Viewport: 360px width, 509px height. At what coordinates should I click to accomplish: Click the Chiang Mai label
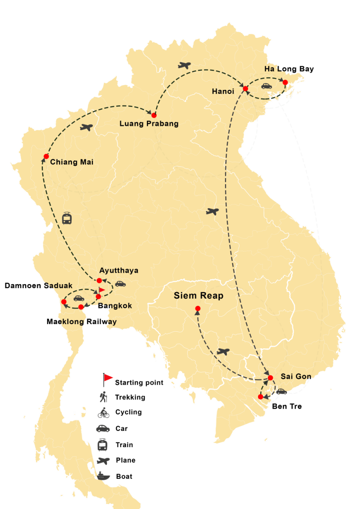72,162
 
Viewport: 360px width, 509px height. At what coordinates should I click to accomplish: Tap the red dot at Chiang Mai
46,156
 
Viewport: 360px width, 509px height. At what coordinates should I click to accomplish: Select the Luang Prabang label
149,124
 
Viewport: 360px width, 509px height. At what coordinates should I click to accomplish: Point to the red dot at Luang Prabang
154,115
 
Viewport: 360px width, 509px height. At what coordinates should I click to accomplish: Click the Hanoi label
223,91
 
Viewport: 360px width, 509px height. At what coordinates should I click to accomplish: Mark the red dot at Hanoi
245,89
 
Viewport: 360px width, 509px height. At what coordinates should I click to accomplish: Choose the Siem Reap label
198,296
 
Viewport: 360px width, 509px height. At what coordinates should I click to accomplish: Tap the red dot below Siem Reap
197,308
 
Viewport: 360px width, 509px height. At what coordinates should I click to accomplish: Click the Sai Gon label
292,377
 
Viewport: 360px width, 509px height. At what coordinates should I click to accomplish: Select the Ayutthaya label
119,271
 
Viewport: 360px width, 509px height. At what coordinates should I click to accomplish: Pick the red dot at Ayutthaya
99,280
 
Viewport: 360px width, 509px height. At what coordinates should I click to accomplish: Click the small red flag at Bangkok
101,290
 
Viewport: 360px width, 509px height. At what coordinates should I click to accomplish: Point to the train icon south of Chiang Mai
67,218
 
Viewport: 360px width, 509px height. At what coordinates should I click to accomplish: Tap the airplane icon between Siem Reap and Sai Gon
223,352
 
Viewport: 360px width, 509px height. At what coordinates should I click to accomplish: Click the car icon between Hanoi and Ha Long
266,86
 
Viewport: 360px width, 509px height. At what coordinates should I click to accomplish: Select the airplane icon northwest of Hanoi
184,65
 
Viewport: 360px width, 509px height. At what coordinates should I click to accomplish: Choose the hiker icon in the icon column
103,397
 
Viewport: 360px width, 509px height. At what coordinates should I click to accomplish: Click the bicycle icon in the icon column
103,413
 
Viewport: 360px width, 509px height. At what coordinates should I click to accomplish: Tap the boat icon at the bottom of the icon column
103,477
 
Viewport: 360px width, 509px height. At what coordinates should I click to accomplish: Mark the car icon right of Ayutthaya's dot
121,284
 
